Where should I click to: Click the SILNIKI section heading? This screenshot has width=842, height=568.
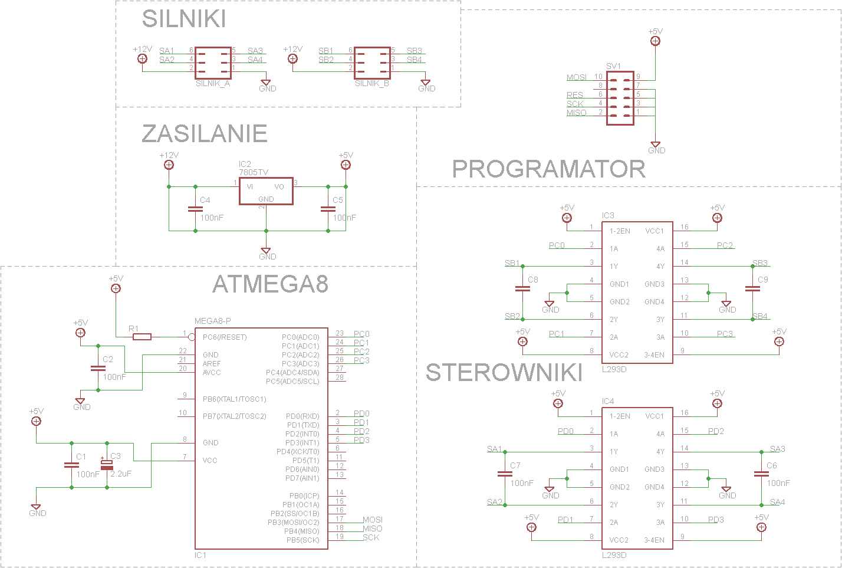[x=184, y=18]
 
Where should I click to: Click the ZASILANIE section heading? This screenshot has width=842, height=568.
[x=205, y=133]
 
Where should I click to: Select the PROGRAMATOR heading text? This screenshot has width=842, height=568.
[x=549, y=169]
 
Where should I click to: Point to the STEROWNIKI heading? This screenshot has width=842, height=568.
[x=504, y=372]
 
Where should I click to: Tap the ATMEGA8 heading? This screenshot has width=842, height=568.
[x=270, y=284]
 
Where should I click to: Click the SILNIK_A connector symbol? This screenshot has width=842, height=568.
[x=213, y=63]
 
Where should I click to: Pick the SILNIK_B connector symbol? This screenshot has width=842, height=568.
[x=372, y=63]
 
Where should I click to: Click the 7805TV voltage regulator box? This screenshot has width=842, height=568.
[x=266, y=191]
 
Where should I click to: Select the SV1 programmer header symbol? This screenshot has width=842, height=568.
[x=620, y=98]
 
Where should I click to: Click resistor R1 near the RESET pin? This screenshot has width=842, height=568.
[x=142, y=337]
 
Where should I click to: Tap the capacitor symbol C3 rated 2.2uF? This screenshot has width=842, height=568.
[x=107, y=465]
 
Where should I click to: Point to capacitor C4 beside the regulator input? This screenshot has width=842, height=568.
[x=196, y=209]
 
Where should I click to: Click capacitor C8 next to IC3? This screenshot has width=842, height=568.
[x=522, y=288]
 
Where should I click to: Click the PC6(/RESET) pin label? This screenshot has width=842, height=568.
[x=225, y=337]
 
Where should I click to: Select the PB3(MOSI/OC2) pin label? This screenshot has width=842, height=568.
[x=293, y=523]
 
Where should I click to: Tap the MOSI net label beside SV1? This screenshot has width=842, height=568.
[x=577, y=77]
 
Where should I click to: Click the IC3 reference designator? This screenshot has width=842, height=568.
[x=608, y=215]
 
